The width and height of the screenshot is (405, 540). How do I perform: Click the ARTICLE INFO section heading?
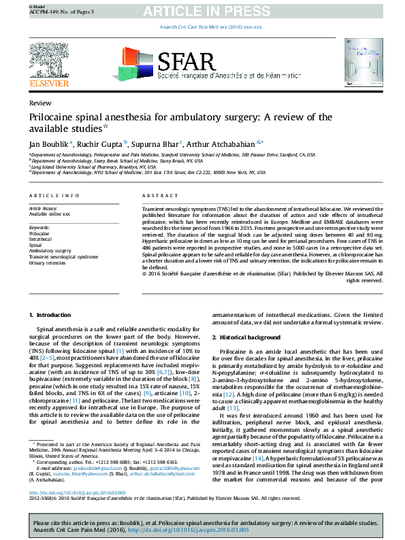pos(53,195)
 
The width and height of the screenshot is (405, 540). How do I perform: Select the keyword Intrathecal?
pos(40,239)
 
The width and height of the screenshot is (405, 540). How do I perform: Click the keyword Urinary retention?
pos(48,263)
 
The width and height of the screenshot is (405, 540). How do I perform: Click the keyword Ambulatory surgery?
pos(50,251)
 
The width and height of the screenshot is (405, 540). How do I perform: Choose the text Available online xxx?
pos(49,214)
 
